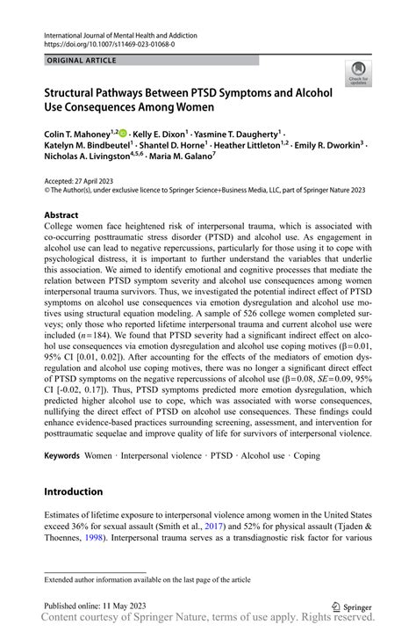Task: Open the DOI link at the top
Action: pos(104,43)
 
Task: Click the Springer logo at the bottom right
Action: pos(350,606)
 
